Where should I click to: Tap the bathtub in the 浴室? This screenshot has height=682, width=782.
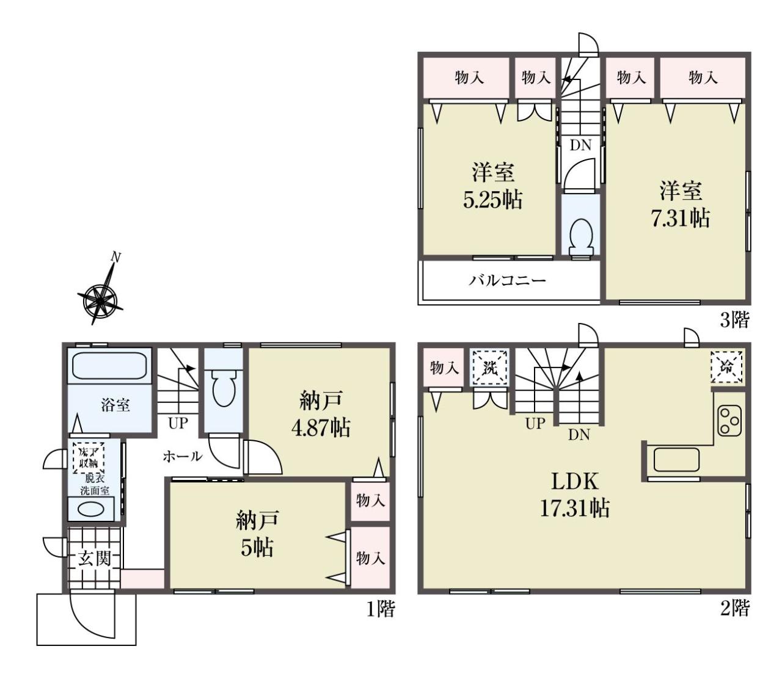pos(110,365)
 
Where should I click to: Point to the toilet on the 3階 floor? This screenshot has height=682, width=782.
pos(580,237)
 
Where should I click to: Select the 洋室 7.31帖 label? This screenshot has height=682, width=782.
pos(681,205)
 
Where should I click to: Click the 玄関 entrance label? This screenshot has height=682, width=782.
pos(95,559)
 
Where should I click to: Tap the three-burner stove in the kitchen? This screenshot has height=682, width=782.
pos(729,421)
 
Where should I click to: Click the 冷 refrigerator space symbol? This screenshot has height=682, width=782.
pos(726,367)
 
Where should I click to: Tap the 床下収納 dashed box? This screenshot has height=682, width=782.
pos(89,458)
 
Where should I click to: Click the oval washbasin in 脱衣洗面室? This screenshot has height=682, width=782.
pos(90,510)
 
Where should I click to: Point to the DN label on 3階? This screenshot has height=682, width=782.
pos(580,145)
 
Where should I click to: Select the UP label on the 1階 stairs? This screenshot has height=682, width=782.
pos(178,423)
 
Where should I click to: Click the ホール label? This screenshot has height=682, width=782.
pos(182,456)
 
